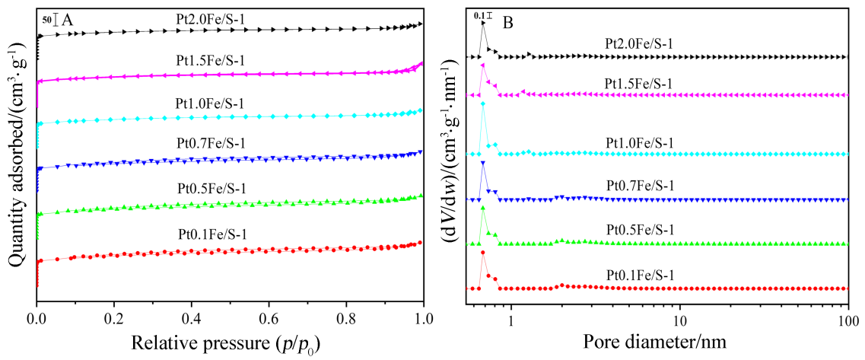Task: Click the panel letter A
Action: (x=67, y=21)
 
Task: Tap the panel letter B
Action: (x=508, y=23)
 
